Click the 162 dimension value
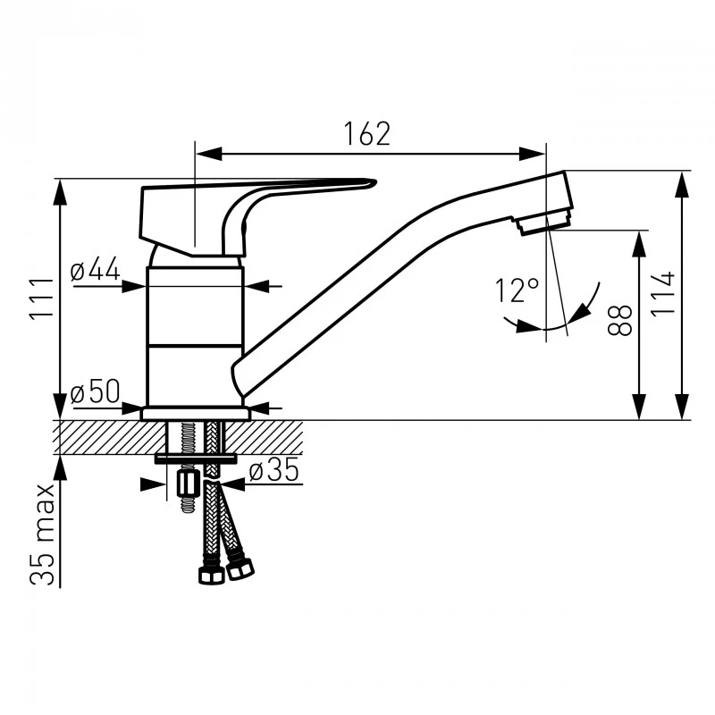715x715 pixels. pyautogui.click(x=367, y=133)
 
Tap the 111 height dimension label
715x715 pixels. pyautogui.click(x=42, y=299)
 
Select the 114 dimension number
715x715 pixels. pyautogui.click(x=662, y=292)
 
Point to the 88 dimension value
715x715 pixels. pyautogui.click(x=620, y=321)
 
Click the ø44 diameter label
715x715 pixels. pyautogui.click(x=96, y=269)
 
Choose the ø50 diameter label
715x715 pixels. pyautogui.click(x=96, y=391)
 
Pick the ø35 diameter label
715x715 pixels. pyautogui.click(x=274, y=470)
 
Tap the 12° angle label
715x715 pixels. pyautogui.click(x=517, y=290)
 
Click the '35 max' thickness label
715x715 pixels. pyautogui.click(x=42, y=534)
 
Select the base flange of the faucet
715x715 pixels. pyautogui.click(x=195, y=414)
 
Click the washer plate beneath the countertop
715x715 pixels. pyautogui.click(x=196, y=458)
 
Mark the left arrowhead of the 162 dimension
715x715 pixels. pyautogui.click(x=208, y=154)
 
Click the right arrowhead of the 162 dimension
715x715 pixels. pyautogui.click(x=532, y=154)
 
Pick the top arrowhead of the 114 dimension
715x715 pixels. pyautogui.click(x=682, y=184)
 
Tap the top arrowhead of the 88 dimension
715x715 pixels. pyautogui.click(x=640, y=244)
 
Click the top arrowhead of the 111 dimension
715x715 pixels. pyautogui.click(x=60, y=192)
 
